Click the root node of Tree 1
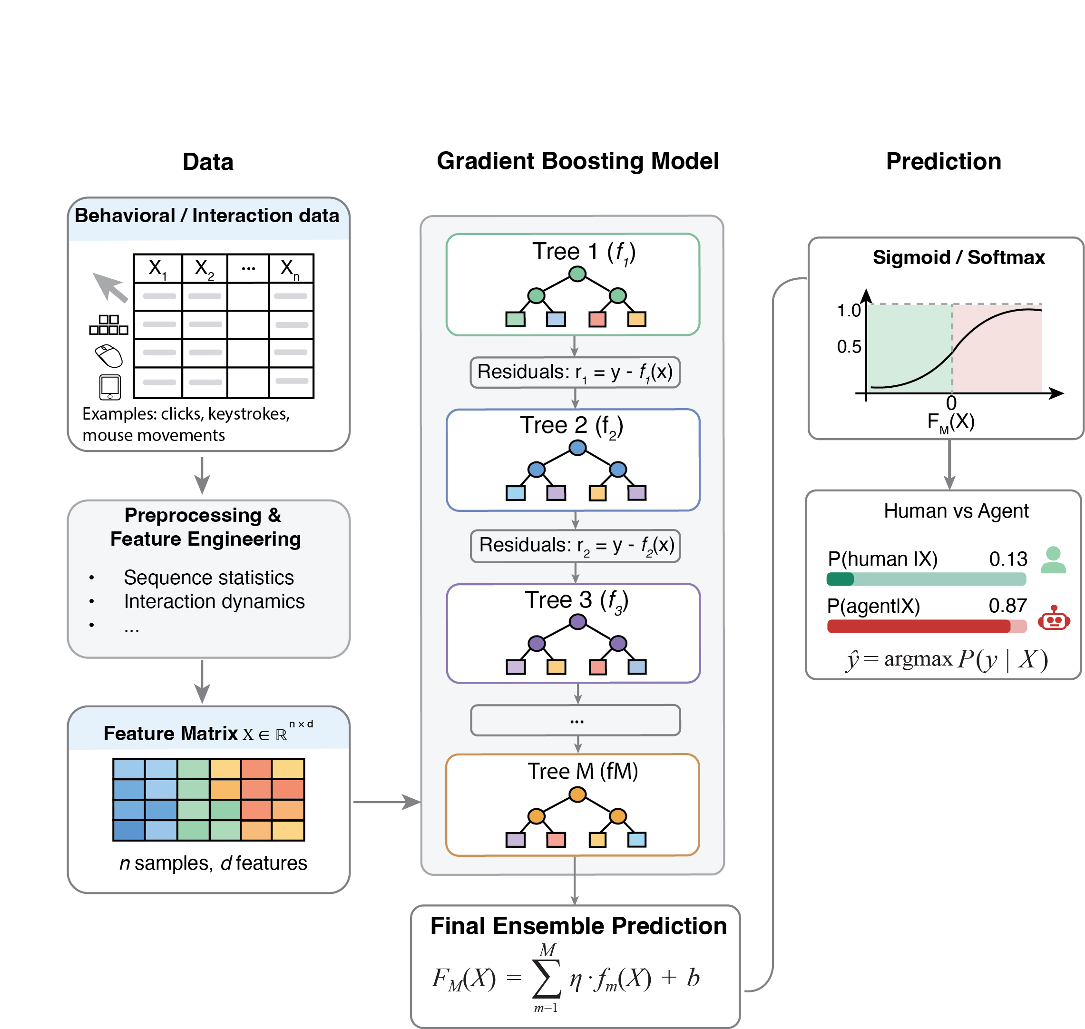577,274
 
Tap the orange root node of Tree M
577,794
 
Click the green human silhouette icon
1053,560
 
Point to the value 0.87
1007,606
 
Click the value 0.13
1007,559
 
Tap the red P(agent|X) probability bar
927,626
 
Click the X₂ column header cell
204,269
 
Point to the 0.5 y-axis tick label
849,347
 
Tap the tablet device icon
110,387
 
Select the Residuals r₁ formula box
575,372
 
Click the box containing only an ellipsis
576,720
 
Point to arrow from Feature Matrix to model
386,802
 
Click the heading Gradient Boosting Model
577,161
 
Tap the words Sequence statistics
208,578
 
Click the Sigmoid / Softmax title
958,257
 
